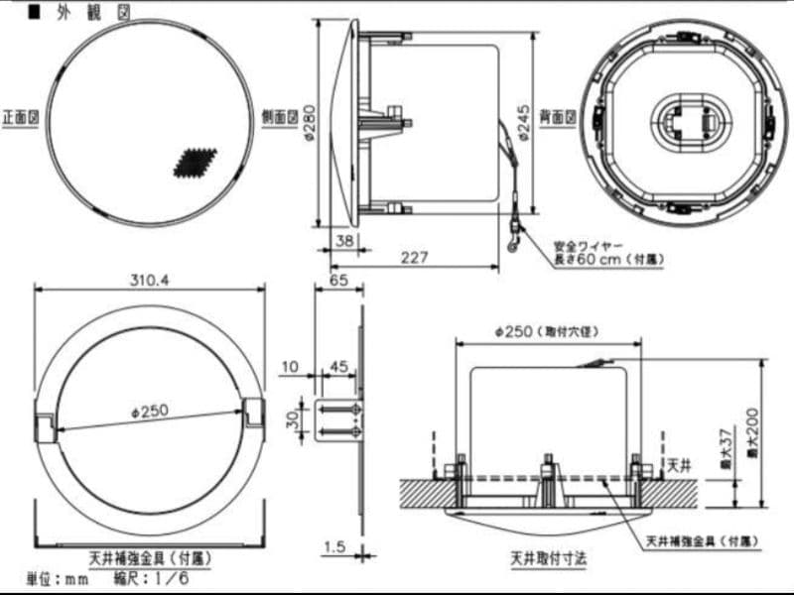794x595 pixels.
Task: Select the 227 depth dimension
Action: pos(415,257)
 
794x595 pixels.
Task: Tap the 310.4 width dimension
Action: pos(149,280)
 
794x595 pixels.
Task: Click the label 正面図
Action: pos(20,116)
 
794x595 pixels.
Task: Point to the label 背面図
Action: pos(564,116)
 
